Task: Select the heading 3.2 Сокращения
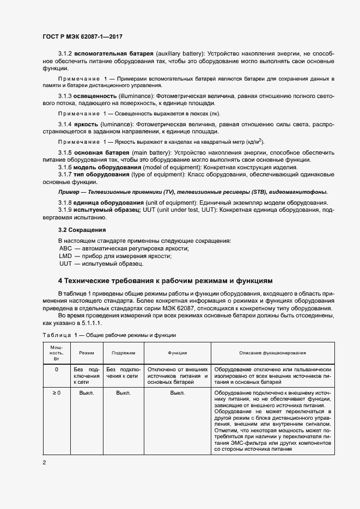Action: [x=82, y=230]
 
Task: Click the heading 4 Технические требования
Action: [x=164, y=281]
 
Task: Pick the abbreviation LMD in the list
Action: [x=65, y=256]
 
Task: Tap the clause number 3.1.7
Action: [x=65, y=174]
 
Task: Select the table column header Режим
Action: [x=87, y=353]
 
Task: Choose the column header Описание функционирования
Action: [x=272, y=353]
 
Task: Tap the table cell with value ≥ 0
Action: [x=57, y=392]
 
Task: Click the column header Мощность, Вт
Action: [x=57, y=353]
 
